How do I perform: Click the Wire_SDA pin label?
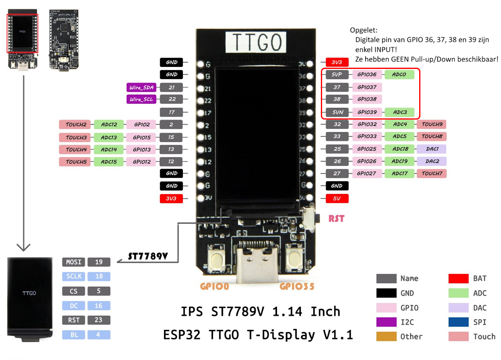141,87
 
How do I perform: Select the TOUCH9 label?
432,125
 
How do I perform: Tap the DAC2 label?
432,161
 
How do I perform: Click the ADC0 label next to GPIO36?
399,74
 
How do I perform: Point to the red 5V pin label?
337,199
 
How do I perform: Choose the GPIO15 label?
141,137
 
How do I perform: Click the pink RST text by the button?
336,219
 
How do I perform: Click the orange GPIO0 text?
214,286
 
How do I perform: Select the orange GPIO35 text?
297,286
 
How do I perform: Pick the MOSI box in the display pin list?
74,262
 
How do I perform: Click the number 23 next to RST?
99,320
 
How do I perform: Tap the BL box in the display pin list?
74,335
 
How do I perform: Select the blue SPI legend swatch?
458,322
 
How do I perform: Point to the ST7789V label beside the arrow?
148,256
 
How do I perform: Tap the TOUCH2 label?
76,125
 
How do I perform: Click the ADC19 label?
399,161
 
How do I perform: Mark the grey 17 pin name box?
171,112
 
